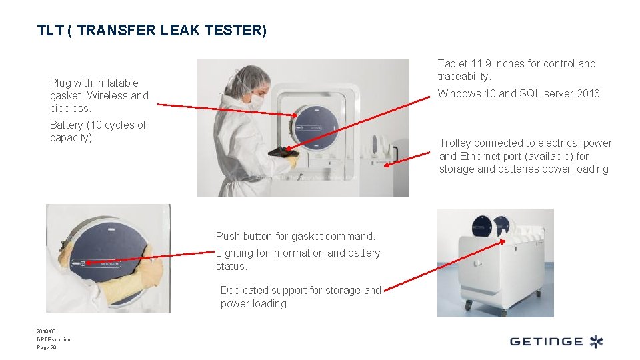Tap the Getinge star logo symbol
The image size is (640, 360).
[596, 341]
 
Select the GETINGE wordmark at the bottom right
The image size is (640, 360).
[546, 341]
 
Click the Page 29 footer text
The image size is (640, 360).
[47, 347]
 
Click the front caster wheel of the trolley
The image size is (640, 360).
[468, 305]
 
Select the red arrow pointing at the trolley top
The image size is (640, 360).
[445, 265]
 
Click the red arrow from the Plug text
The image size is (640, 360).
[227, 110]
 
